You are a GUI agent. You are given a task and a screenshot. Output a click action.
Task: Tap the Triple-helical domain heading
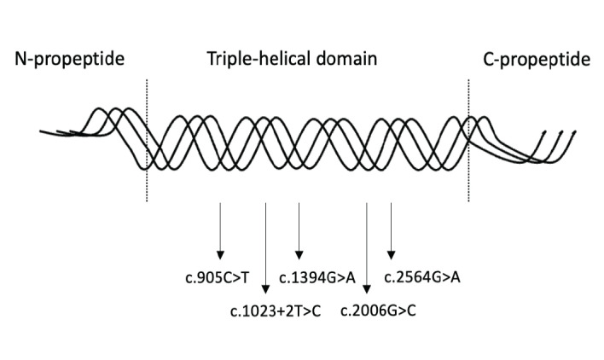[x=292, y=60]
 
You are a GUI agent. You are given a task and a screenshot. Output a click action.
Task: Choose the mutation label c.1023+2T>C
[x=276, y=308]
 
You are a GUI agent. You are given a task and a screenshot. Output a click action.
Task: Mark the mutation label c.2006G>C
[x=378, y=308]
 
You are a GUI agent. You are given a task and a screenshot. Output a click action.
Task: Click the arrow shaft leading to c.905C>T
[x=220, y=226]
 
